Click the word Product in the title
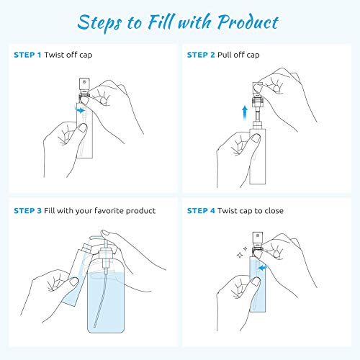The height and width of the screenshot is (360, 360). [x=248, y=22]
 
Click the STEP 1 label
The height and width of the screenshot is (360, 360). [x=27, y=55]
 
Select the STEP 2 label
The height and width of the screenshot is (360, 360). [x=201, y=55]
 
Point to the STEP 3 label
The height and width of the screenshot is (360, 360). [x=27, y=211]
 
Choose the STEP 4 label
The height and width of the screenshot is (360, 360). [x=201, y=211]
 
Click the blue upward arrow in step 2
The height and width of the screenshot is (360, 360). [x=245, y=113]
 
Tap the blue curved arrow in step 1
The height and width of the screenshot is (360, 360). [x=80, y=110]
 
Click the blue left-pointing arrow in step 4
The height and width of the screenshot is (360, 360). [x=263, y=267]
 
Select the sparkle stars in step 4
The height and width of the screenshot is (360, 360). [x=242, y=252]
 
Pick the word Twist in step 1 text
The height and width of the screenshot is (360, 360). [x=54, y=55]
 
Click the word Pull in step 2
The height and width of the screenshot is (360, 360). [x=225, y=55]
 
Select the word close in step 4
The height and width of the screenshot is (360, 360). [x=274, y=211]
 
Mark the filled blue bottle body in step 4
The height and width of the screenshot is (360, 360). [x=258, y=284]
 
